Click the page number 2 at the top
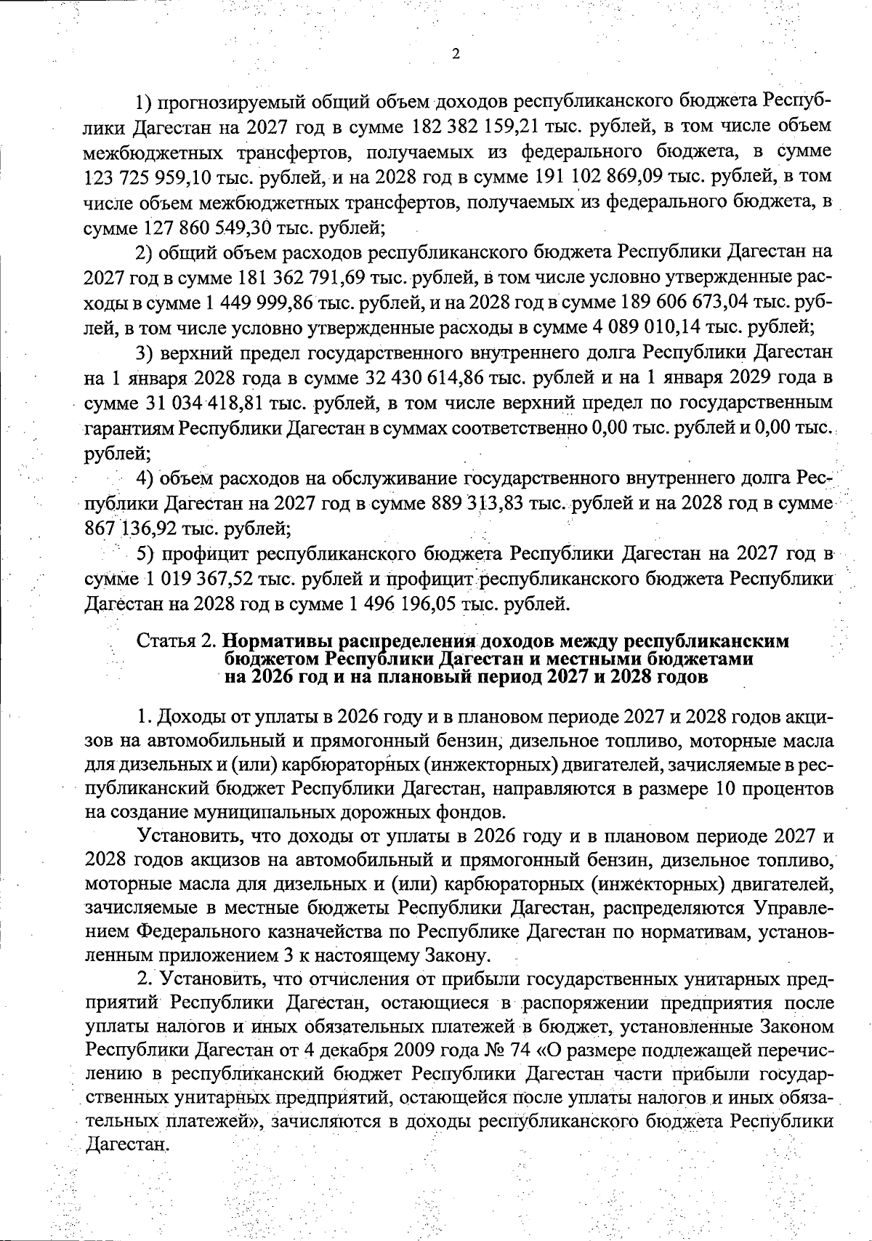pyautogui.click(x=455, y=54)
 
